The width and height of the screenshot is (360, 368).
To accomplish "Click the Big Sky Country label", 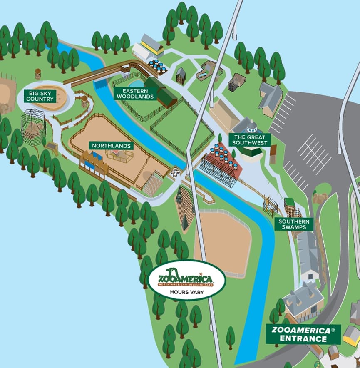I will click(x=40, y=96).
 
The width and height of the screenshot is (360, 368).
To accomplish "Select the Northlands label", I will click(x=112, y=146).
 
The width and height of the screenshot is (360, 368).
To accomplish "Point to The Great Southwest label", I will click(x=252, y=139).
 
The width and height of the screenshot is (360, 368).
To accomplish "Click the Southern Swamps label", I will click(x=295, y=224).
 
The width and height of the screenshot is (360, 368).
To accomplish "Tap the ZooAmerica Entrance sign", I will click(x=303, y=334).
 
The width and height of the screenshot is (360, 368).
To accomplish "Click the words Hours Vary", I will click(x=186, y=292).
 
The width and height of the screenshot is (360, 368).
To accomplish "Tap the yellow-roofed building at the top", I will click(x=152, y=45).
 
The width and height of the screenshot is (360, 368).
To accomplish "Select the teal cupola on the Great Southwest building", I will click(x=251, y=125).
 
